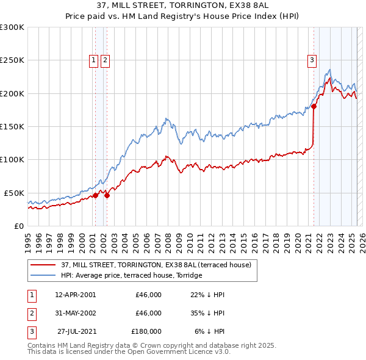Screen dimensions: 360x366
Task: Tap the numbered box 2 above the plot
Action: (x=106, y=60)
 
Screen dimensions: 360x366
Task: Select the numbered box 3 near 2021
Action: (x=312, y=60)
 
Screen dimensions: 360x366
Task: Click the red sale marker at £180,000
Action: (x=314, y=106)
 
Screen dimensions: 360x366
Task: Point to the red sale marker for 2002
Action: (x=107, y=195)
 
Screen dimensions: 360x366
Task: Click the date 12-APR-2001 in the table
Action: (x=75, y=295)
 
